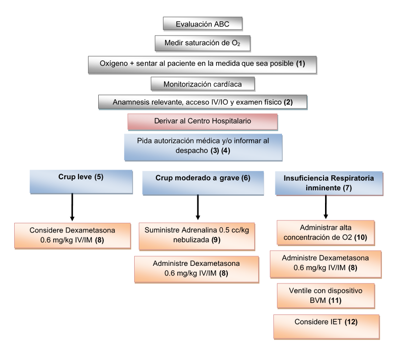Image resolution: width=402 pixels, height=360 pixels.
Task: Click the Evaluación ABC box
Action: point(203,24)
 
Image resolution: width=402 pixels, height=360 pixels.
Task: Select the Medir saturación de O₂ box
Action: point(203,43)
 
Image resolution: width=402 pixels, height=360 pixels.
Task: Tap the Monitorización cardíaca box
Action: point(203,84)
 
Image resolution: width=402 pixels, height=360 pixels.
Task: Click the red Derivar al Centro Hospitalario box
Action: point(203,122)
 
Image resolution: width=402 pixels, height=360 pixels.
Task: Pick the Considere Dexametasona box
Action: point(72,235)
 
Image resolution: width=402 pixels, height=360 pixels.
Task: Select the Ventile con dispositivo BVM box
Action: point(326,296)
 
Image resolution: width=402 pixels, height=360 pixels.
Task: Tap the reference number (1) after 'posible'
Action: point(301,64)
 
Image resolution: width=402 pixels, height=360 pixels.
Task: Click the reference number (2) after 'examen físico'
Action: point(288,102)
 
